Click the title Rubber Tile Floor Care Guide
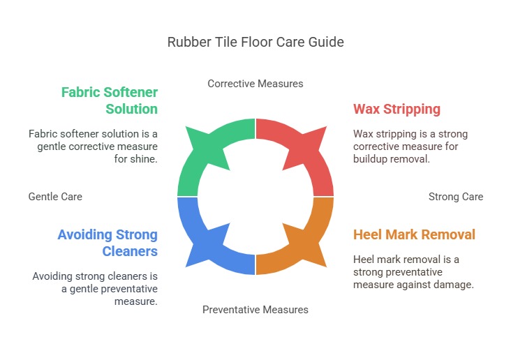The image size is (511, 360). point(256,42)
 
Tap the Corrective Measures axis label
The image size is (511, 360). point(256,84)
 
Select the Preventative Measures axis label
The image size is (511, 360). point(256,310)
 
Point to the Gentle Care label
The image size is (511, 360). point(55,197)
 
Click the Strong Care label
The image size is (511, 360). point(456,197)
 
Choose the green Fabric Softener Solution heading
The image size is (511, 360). point(110,100)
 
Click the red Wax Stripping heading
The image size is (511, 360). point(397,109)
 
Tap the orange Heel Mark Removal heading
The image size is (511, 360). point(414,234)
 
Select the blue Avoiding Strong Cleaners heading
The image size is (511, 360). point(108,243)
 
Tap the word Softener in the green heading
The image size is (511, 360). point(131,92)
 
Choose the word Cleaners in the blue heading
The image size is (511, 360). point(130,251)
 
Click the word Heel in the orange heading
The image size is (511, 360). point(367,234)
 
